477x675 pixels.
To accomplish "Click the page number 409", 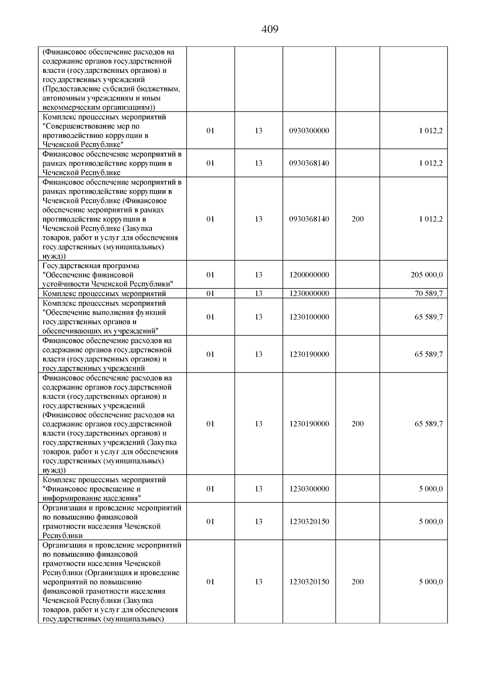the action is (270, 29).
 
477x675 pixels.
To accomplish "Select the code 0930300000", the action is (309, 130).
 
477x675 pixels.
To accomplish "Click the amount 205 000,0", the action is (427, 275).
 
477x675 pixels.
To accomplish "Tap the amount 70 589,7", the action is (429, 294).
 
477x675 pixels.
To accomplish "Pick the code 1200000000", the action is (309, 275).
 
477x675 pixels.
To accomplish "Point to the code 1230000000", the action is (309, 294).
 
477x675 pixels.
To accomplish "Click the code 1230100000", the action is (309, 317).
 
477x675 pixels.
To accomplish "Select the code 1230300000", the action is (309, 489).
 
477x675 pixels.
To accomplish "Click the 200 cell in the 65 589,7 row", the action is (357, 424).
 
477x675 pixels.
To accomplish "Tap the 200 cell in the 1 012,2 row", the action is (357, 219).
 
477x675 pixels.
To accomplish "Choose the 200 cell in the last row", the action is (357, 582).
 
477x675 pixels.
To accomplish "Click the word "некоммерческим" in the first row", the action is (68, 107).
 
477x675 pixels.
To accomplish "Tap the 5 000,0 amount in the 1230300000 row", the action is (430, 489).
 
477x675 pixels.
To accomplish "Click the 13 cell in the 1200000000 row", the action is (258, 275).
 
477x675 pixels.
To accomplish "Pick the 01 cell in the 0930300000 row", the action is (210, 130).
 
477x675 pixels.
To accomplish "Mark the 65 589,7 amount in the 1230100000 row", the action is (429, 317).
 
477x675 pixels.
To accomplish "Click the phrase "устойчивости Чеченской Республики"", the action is (108, 284).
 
